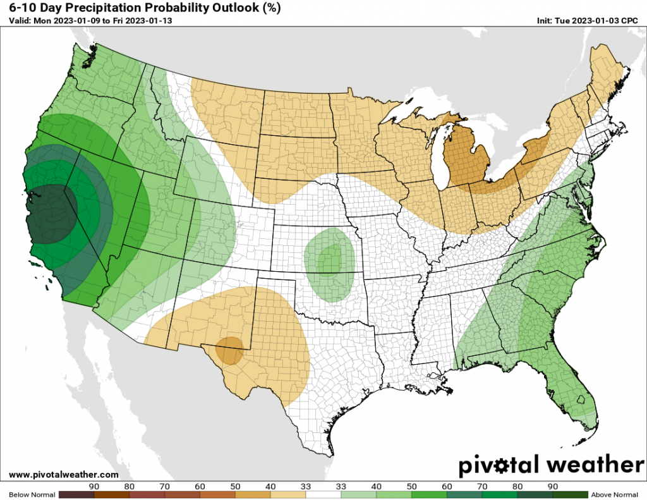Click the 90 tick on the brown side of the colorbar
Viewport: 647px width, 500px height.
(94, 486)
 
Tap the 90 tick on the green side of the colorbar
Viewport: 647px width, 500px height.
(552, 486)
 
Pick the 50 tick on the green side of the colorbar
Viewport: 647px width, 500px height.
(411, 486)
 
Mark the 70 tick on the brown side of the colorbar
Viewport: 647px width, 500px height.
(165, 486)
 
